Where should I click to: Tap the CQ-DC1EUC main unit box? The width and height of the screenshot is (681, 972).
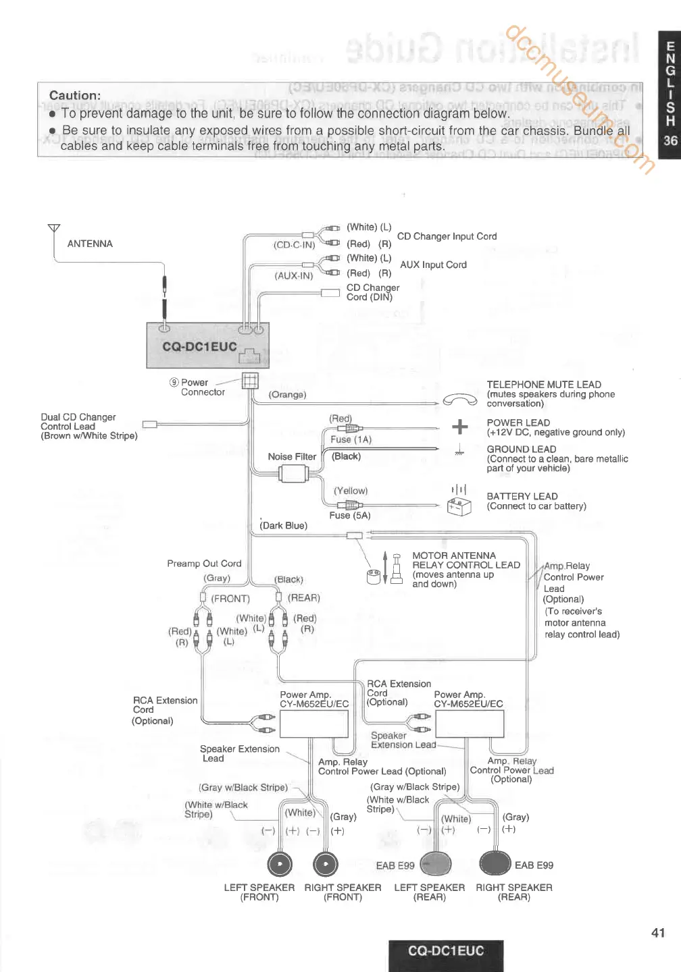coord(207,345)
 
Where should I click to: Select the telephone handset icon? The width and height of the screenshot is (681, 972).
coord(460,400)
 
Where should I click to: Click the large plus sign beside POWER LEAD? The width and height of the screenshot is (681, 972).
coord(460,427)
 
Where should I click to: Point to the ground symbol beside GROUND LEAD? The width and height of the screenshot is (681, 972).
coord(459,450)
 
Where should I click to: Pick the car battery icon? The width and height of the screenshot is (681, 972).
coord(459,506)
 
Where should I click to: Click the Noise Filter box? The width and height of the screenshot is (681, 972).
coord(294,474)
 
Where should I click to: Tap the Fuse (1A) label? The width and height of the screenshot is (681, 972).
coord(351,439)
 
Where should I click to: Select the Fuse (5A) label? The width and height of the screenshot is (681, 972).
coord(350,516)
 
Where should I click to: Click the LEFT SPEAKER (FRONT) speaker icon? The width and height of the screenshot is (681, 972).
coord(280,864)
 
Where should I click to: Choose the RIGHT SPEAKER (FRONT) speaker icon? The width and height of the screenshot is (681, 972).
coord(326,864)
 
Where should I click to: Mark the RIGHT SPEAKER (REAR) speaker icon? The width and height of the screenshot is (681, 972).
coord(495,863)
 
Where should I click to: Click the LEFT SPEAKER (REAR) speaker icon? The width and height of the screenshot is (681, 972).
coord(436,863)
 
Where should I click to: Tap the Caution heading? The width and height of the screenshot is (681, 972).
coord(75,96)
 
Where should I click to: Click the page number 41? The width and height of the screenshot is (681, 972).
coord(658,933)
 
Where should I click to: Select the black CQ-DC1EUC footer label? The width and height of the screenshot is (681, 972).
coord(446,952)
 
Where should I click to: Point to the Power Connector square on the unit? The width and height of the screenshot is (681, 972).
coord(250,381)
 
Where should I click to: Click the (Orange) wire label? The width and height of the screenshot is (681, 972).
coord(287,395)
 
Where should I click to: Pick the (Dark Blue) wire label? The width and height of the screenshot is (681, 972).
coord(284,526)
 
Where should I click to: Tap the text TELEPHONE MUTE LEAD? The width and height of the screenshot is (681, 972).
coord(544,385)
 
